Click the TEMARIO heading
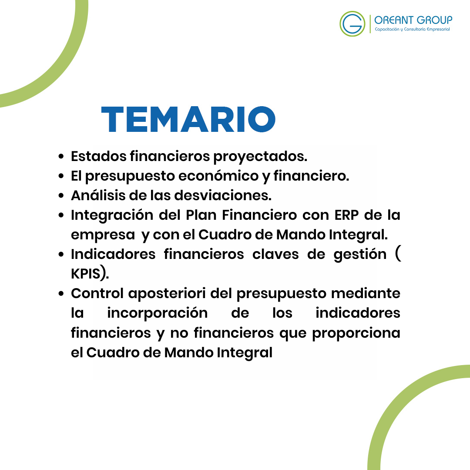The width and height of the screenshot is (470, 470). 188,119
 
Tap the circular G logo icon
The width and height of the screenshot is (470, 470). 352,23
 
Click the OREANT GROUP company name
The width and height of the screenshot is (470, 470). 413,20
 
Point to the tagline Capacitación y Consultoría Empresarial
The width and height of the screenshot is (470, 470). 412,30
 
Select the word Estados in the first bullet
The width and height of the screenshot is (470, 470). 99,156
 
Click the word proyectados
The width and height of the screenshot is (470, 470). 260,157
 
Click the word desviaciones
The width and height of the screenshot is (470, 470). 223,195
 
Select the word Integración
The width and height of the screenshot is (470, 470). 112,215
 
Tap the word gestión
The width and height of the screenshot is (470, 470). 360,255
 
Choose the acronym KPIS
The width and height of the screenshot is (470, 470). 85,274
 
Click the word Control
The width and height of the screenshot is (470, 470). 97,293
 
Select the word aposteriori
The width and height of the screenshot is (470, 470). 167,294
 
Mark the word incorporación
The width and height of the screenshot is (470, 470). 158,313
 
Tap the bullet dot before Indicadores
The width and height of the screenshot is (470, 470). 61,255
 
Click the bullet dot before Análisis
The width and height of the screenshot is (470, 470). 61,196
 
